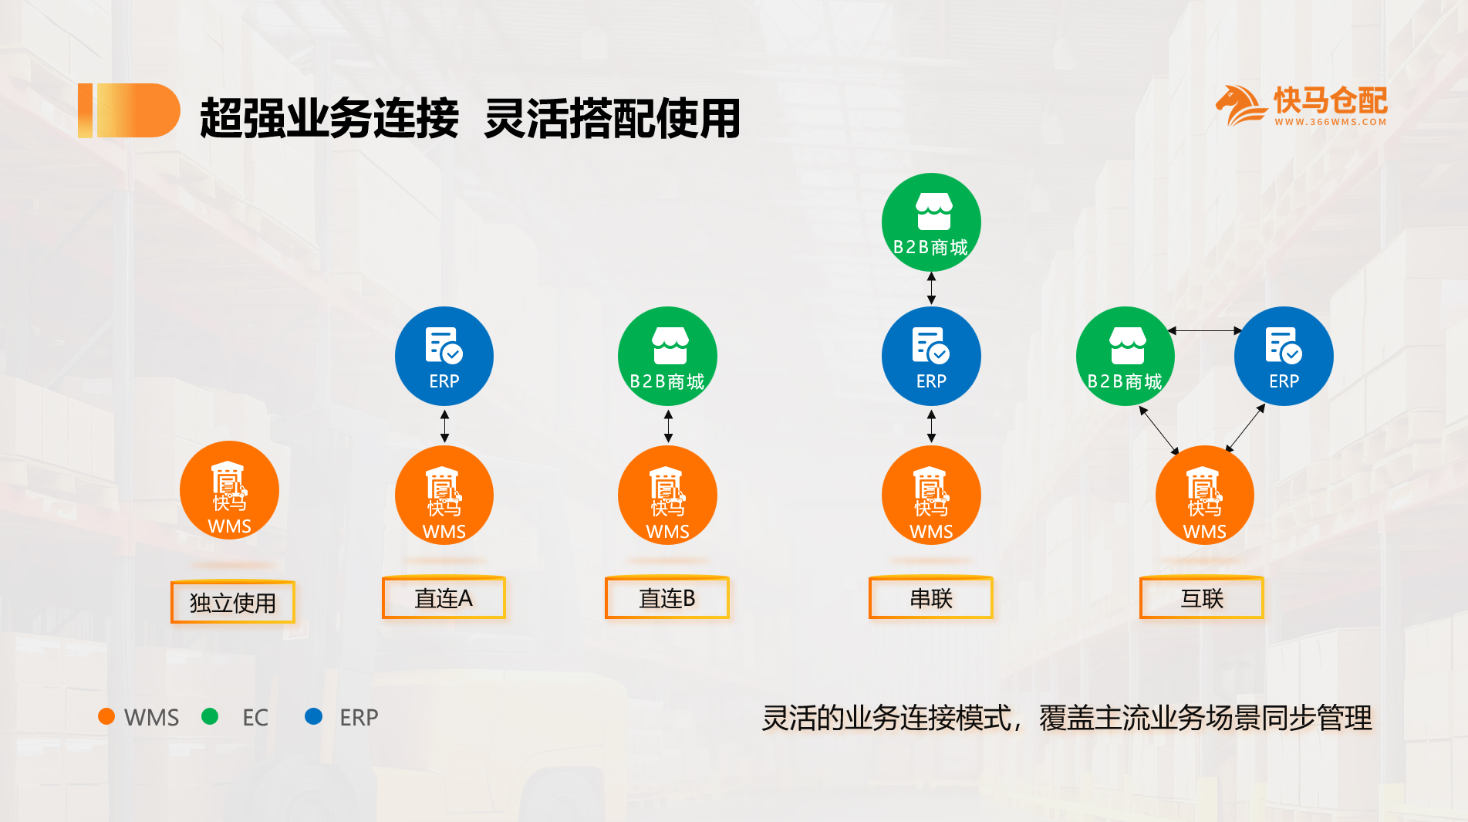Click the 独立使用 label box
pos(232,602)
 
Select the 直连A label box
pos(444,598)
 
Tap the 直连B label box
pos(667,598)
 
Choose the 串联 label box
pos(931,598)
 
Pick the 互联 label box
pos(1202,598)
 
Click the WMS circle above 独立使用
pos(229,490)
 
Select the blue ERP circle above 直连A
pos(444,356)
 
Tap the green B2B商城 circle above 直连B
pos(667,356)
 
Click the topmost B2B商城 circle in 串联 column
pos(931,222)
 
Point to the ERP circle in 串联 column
pos(931,356)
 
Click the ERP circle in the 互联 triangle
pos(1284,356)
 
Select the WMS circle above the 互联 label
pos(1205,495)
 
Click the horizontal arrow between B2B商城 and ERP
pos(1205,330)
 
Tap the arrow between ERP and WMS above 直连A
pos(444,426)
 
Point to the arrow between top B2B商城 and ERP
pos(931,288)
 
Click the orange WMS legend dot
pos(106,716)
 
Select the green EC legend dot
pos(209,716)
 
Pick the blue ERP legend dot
pos(313,716)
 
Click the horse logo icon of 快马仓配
pos(1240,105)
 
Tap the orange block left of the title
pos(129,110)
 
